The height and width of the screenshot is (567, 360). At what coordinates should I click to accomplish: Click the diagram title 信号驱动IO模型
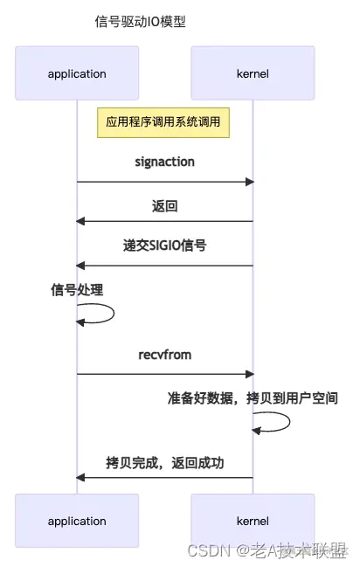pos(140,22)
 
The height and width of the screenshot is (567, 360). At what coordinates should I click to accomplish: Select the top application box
pos(77,73)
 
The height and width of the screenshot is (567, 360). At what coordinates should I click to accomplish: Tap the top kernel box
pos(253,73)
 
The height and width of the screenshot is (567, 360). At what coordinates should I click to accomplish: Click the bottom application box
pos(77,521)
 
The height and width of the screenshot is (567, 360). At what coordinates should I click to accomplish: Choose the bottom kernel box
pos(253,521)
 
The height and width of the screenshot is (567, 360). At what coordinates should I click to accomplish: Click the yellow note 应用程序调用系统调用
pos(164,123)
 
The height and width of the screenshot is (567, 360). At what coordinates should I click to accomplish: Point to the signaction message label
pos(164,162)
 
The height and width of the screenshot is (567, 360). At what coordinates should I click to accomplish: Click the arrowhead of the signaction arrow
pos(249,182)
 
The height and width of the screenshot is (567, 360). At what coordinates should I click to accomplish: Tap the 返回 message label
pos(164,205)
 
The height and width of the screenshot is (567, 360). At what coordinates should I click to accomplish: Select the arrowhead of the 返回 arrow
pos(80,222)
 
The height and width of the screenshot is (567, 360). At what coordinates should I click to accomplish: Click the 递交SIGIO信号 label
pos(164,246)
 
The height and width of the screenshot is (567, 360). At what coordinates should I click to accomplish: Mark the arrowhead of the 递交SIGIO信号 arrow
pos(80,265)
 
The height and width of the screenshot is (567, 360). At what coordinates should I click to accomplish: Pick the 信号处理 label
pos(77,290)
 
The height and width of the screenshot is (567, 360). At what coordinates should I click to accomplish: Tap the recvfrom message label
pos(164,355)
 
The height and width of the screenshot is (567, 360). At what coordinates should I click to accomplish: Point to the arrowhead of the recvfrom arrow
pos(249,374)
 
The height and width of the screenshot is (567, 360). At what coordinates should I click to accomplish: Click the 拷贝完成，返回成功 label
pos(164,462)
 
